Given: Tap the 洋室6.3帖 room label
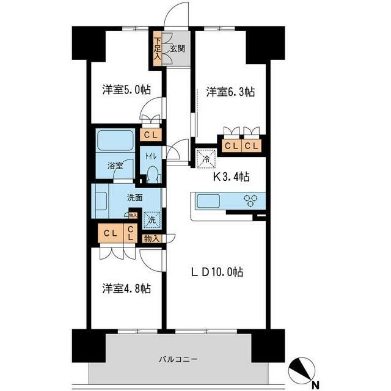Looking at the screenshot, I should tap(230, 92).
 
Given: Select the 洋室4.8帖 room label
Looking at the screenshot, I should tap(126, 288).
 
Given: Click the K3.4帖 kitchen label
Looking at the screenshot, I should tap(230, 178).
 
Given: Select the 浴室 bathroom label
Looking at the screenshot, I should tap(116, 165).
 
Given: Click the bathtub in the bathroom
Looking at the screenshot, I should tap(115, 141).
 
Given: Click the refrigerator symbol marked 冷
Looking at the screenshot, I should tap(205, 157).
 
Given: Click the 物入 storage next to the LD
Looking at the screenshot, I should tap(152, 239).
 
